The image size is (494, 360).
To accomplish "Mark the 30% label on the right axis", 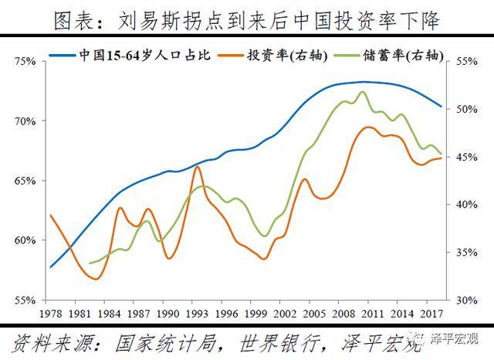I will click(x=468, y=300).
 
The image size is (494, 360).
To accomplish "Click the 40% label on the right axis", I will click(x=468, y=205).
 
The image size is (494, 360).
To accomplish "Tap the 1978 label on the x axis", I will click(x=50, y=314).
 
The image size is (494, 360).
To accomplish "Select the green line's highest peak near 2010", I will click(x=362, y=92).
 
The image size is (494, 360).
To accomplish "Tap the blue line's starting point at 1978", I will click(x=50, y=267).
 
